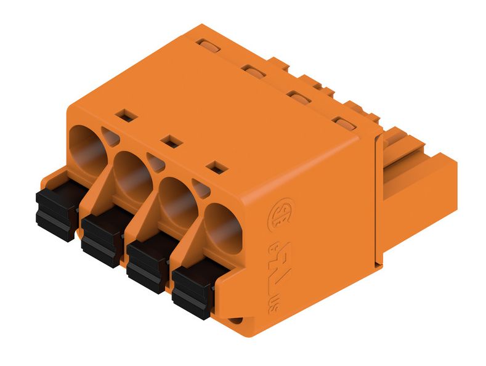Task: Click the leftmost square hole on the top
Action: (x=126, y=115)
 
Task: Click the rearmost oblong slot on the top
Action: (x=208, y=45)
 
